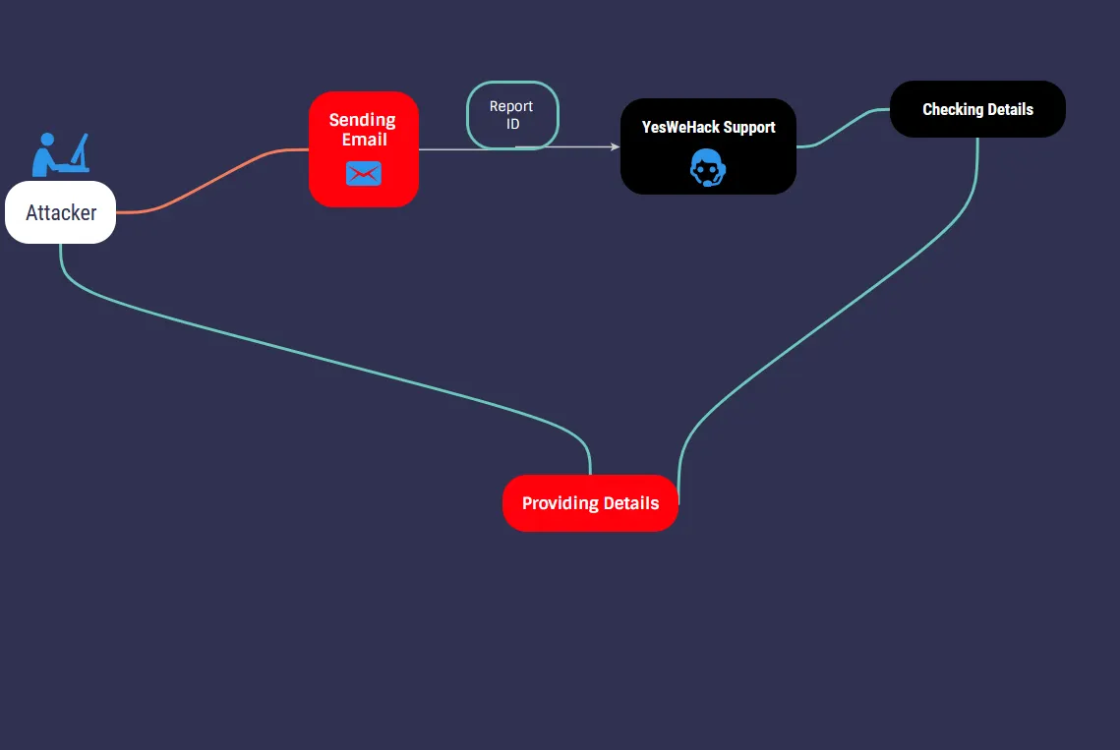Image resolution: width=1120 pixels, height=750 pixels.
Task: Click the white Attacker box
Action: pos(60,212)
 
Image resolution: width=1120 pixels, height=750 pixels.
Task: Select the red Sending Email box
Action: pos(364,149)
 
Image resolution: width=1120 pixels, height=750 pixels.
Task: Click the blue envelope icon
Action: pos(364,174)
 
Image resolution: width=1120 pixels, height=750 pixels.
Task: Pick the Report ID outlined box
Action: pos(511,115)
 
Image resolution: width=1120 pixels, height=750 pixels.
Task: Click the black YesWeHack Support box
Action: pos(708,146)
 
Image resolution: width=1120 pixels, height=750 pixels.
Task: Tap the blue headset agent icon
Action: pos(708,168)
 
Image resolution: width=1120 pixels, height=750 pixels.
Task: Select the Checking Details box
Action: pos(977,109)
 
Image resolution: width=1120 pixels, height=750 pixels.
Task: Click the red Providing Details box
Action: pos(590,503)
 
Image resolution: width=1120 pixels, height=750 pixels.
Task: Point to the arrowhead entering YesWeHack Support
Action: pos(616,146)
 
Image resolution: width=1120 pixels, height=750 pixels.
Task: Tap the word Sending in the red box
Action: pos(362,120)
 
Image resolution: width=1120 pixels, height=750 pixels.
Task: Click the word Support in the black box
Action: pos(749,127)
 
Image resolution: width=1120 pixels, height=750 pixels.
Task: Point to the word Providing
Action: pos(560,503)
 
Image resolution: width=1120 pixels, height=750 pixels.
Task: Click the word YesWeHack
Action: pos(680,127)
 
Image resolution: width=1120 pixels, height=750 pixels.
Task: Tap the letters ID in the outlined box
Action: pos(512,125)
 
